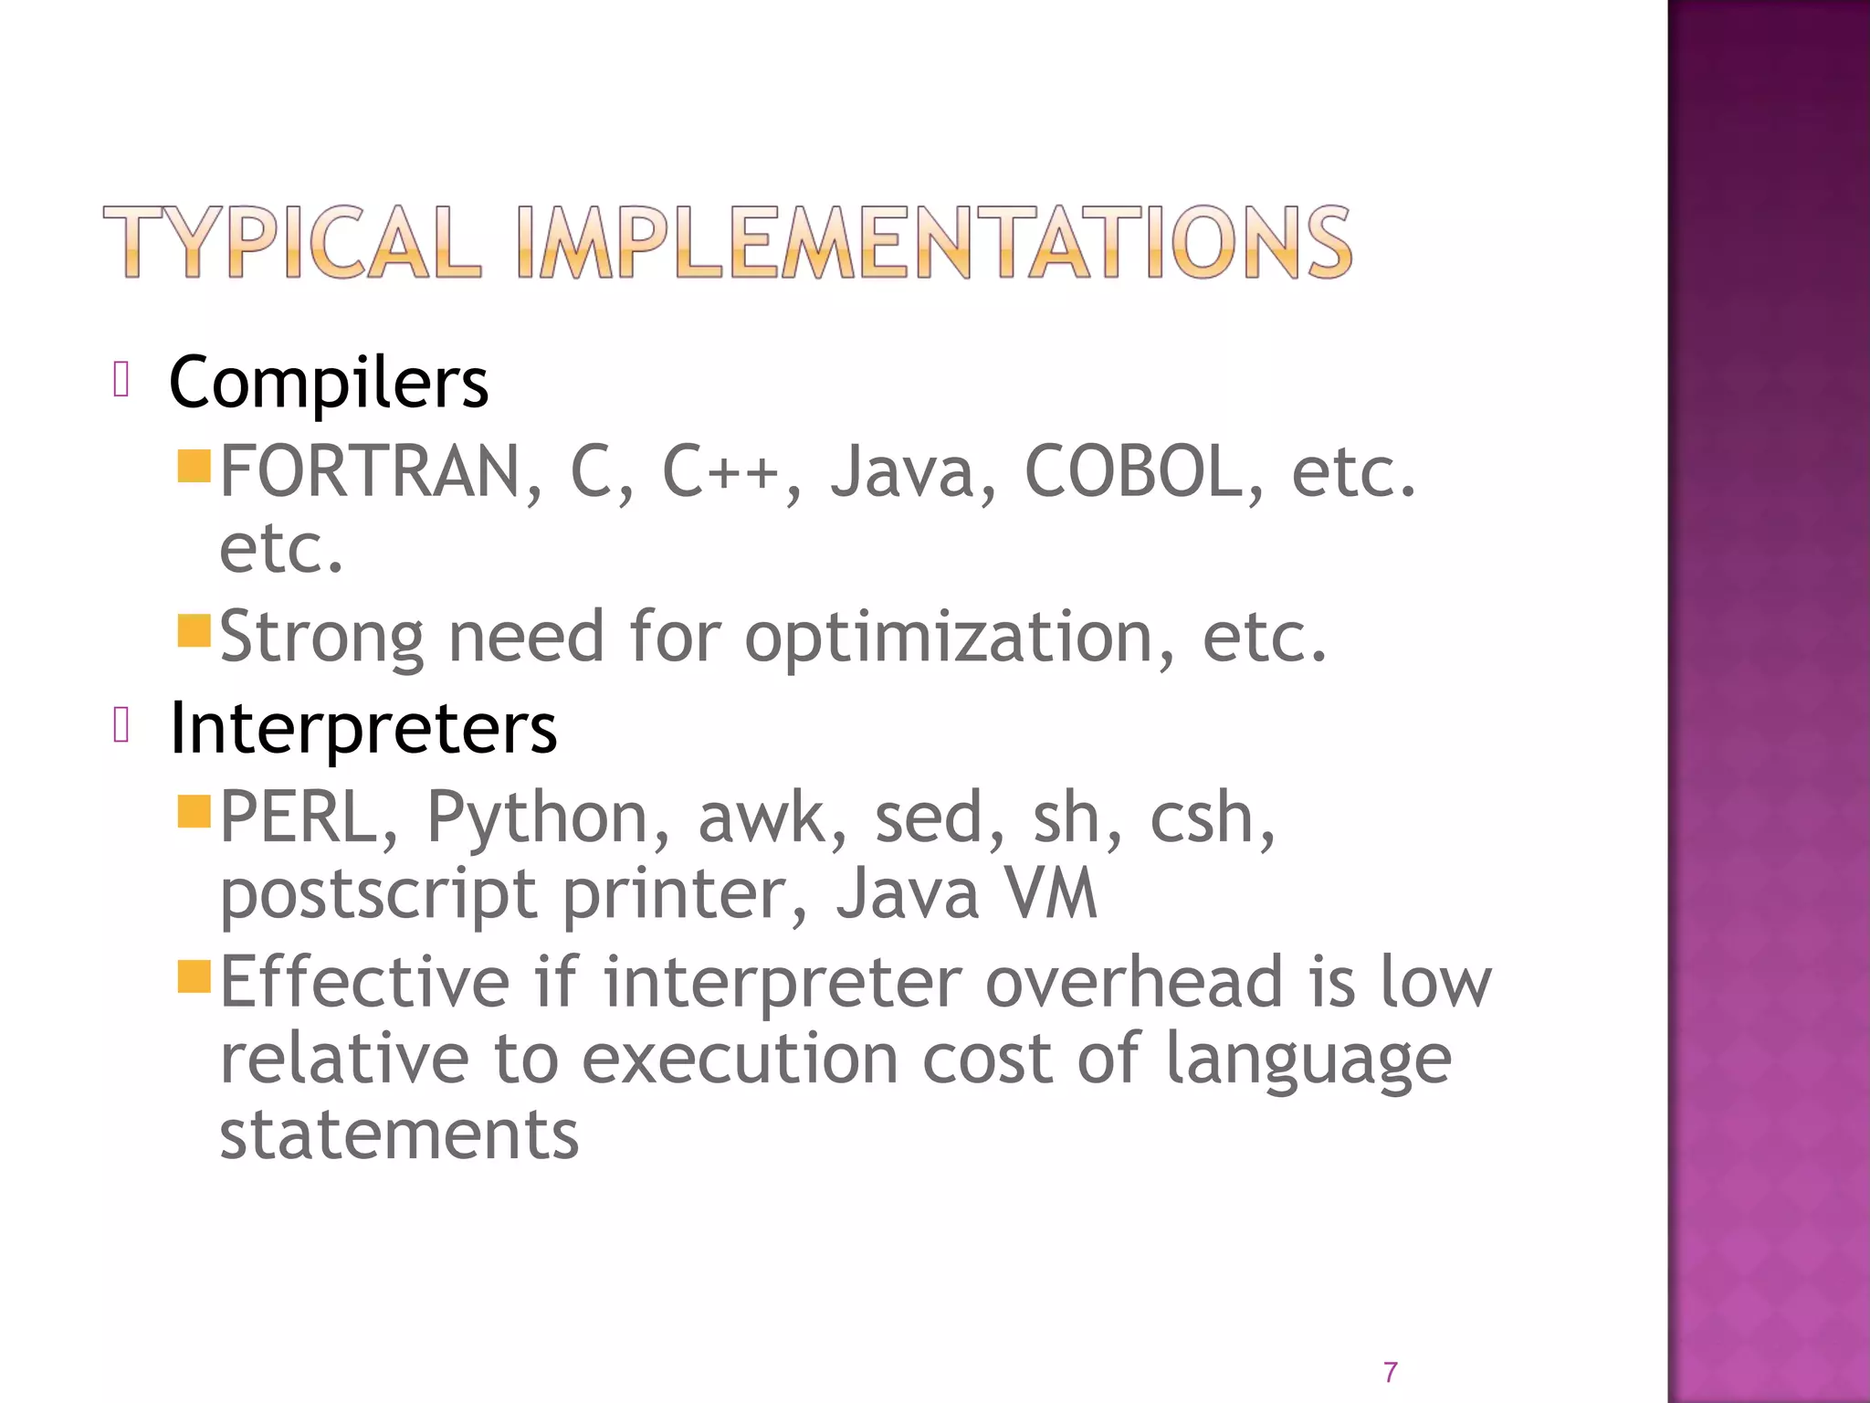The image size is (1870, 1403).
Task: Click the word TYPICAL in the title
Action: tap(291, 242)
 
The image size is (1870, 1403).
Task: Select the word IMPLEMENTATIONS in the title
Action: tap(932, 242)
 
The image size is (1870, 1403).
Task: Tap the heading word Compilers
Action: tap(329, 382)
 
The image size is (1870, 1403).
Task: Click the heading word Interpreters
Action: tap(363, 728)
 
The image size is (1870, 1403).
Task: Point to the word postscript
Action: tap(378, 895)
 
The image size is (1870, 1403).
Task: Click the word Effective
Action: tap(364, 982)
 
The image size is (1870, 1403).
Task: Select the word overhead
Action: tap(1133, 982)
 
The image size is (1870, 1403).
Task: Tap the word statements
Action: tap(399, 1135)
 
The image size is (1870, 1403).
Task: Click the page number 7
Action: tap(1390, 1372)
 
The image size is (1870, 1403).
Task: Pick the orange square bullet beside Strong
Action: tap(194, 630)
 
